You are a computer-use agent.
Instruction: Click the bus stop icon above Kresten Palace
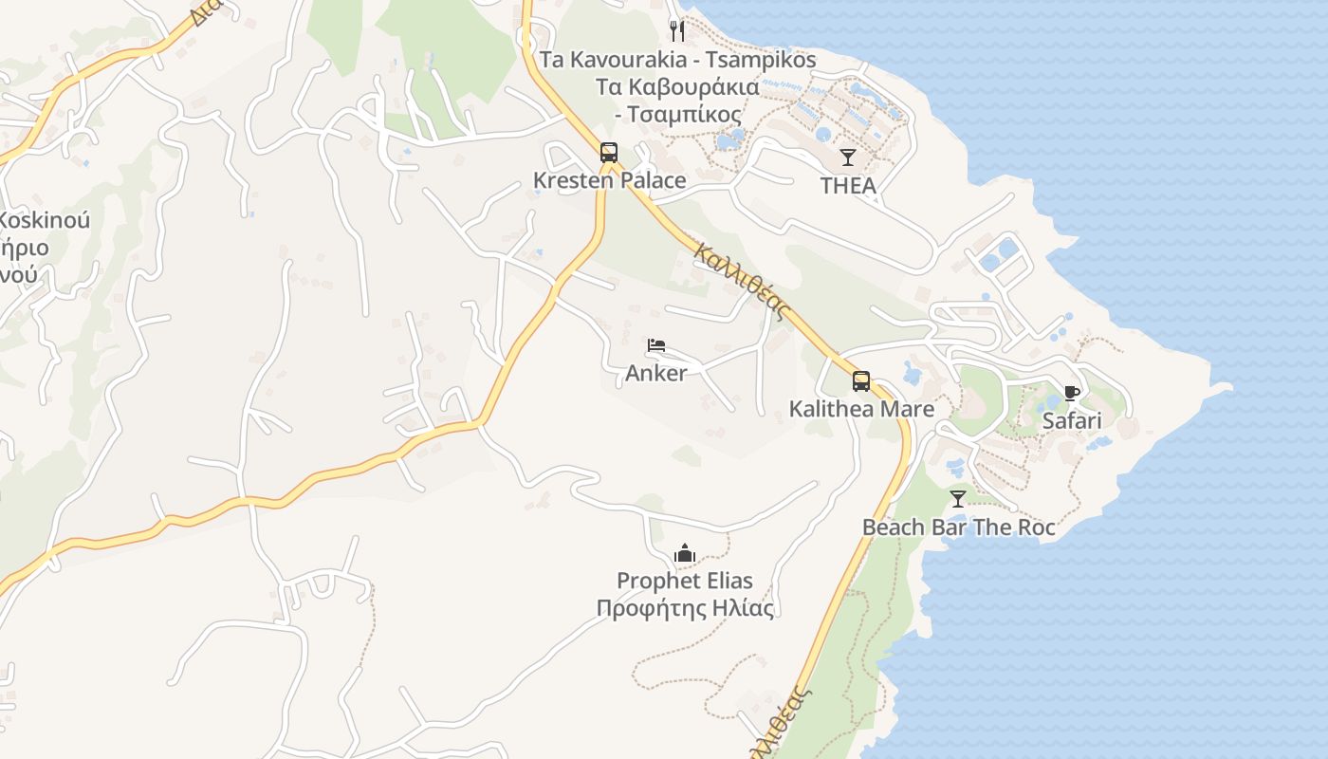coord(609,152)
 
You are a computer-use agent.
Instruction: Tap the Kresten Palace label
coord(609,180)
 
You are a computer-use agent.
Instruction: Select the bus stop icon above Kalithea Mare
coord(861,381)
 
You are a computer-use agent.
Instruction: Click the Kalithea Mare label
coord(861,410)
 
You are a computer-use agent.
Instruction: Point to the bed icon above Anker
coord(656,345)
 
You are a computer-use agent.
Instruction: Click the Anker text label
coord(655,374)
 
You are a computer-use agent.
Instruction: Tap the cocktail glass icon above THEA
coord(848,157)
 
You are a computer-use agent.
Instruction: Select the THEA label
coord(848,186)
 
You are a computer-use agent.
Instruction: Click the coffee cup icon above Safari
coord(1072,393)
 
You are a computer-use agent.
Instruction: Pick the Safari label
coord(1072,421)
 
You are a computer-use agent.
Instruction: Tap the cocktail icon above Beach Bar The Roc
coord(958,499)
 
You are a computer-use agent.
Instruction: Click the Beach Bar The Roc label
coord(958,528)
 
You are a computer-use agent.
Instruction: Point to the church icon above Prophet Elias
coord(685,553)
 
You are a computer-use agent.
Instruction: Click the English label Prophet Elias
coord(685,581)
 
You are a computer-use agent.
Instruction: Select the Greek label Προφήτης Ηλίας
coord(685,608)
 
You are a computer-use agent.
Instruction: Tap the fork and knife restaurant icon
coord(677,31)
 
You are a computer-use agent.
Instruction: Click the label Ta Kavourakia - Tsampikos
coord(677,60)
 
